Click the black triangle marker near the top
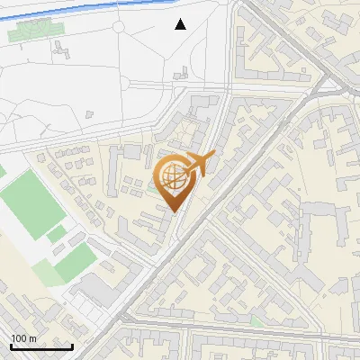click(x=181, y=24)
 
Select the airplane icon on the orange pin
click(x=199, y=165)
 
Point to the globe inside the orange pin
click(x=175, y=177)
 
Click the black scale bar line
click(x=41, y=347)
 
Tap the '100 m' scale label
click(x=24, y=338)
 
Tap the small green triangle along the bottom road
click(x=258, y=321)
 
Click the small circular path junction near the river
click(x=119, y=28)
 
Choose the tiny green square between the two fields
click(x=57, y=235)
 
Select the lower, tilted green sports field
click(x=74, y=262)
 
